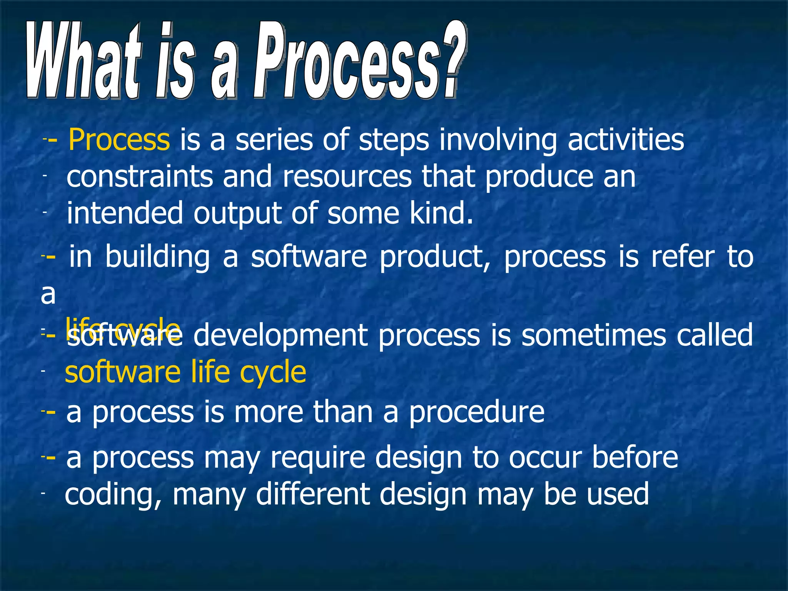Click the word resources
click(x=347, y=177)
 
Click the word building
click(x=157, y=257)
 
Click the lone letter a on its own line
click(x=48, y=294)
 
